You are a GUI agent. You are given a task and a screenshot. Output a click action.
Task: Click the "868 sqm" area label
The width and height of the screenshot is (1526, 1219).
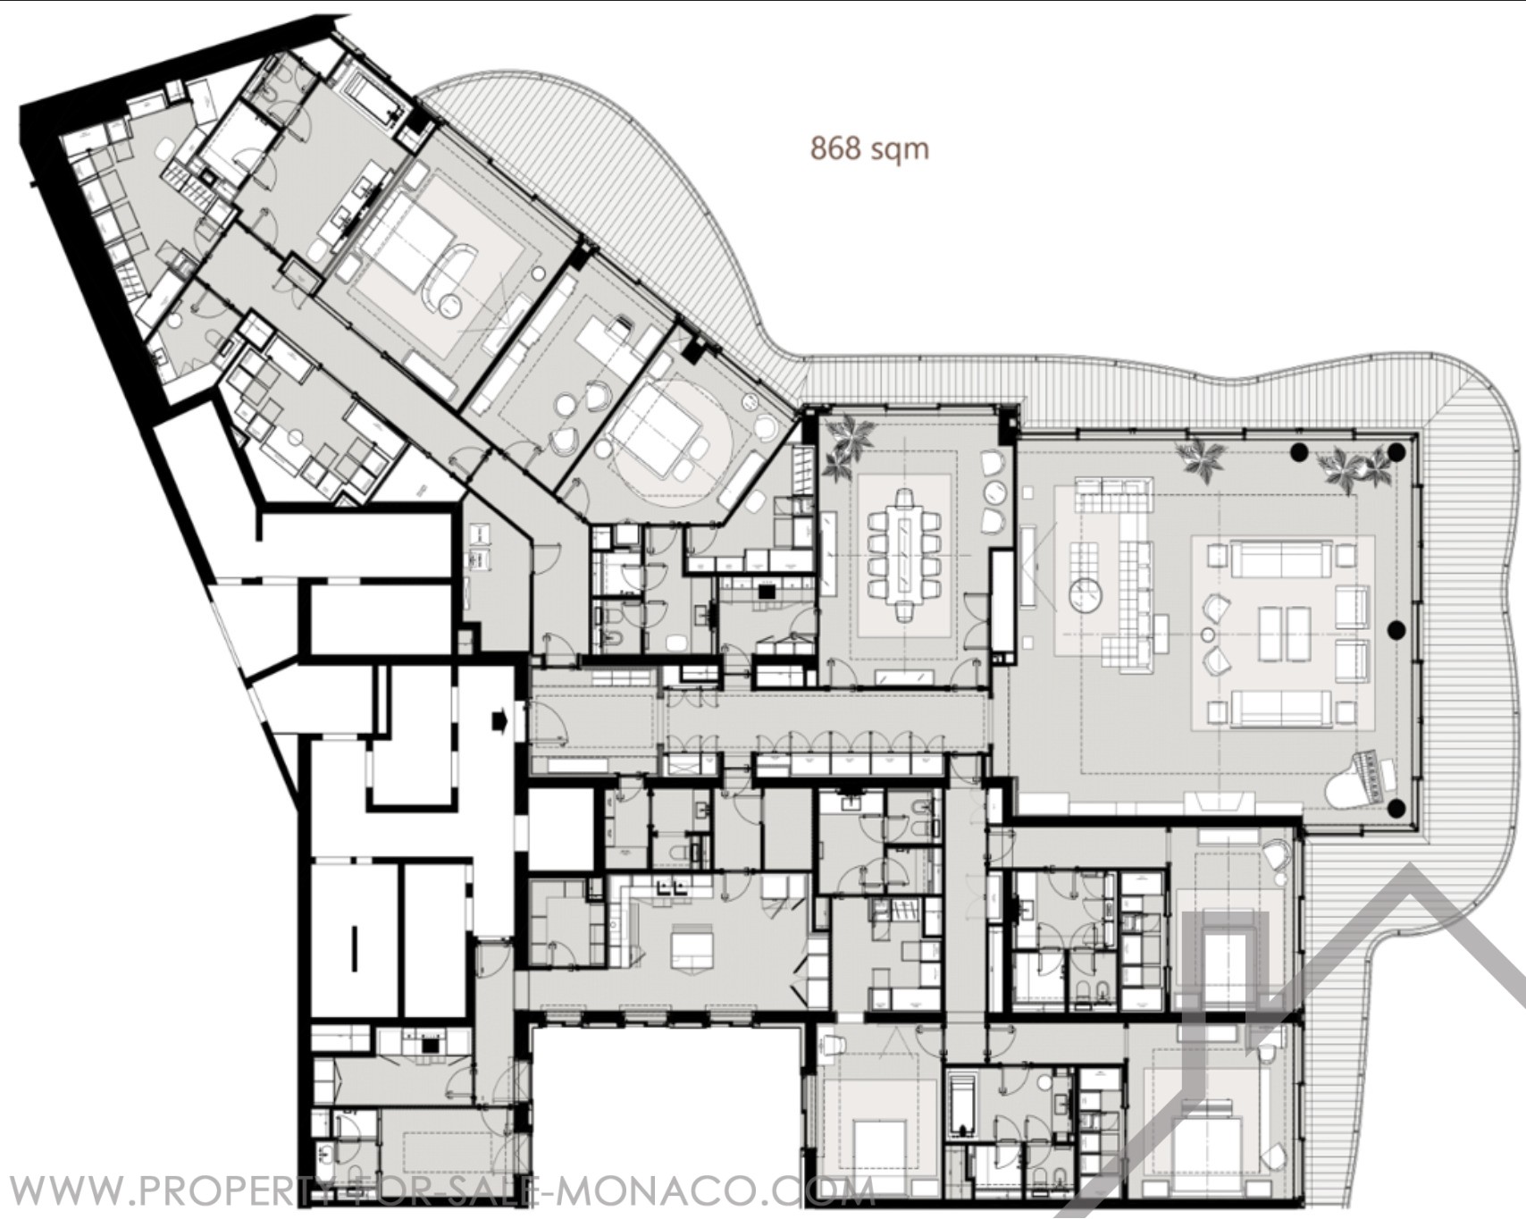point(869,147)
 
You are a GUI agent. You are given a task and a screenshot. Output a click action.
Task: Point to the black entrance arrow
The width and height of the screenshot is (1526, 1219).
point(499,719)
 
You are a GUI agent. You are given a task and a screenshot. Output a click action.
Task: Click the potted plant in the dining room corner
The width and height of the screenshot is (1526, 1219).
point(844,447)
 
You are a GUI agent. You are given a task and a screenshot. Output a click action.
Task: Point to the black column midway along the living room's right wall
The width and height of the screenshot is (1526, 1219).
point(1396,631)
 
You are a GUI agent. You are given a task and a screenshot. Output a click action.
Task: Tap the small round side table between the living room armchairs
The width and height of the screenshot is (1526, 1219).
point(1207,634)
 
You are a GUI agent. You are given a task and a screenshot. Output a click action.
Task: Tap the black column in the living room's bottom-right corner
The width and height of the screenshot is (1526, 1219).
point(1396,810)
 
